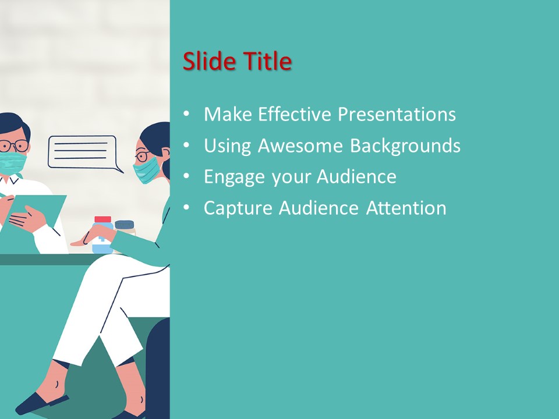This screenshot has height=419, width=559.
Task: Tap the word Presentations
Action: point(397,114)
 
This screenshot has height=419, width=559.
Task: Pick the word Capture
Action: point(238,208)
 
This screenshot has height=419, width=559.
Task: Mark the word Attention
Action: point(406,208)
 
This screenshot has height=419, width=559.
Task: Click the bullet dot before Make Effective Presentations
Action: point(186,115)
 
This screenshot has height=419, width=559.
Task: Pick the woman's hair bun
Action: point(166,169)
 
